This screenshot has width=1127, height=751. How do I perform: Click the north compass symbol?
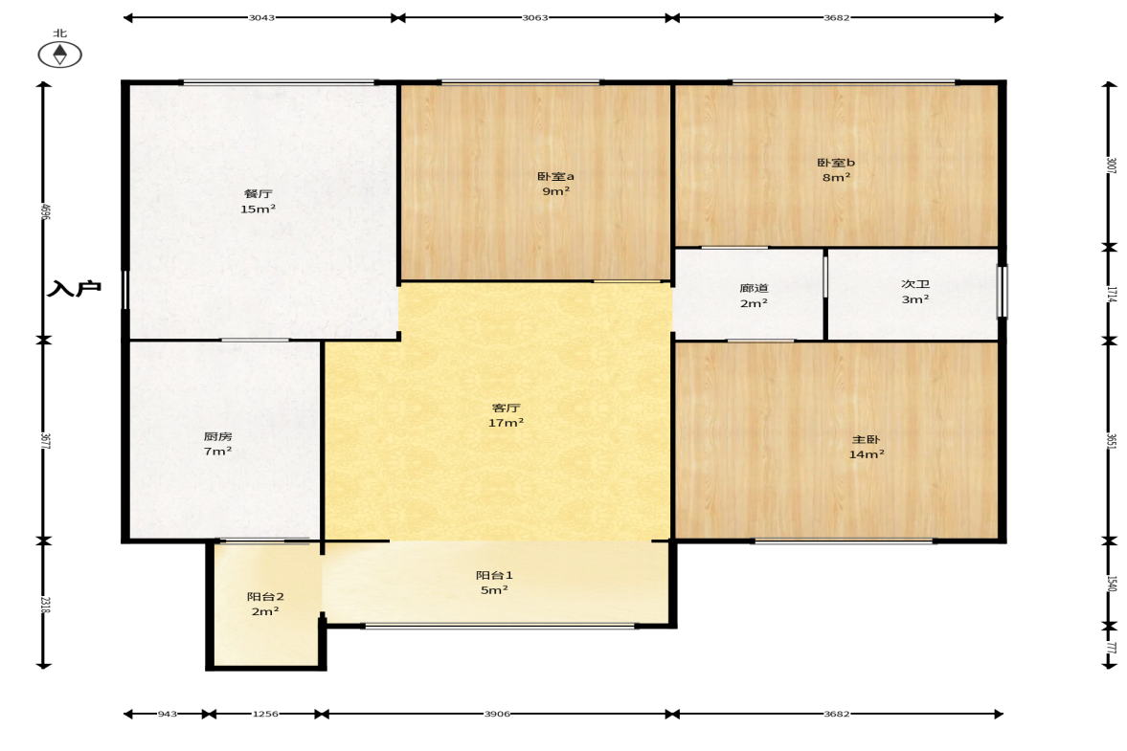click(x=59, y=55)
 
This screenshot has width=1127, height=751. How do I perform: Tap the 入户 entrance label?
click(x=74, y=289)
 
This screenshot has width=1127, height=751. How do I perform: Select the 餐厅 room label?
click(x=258, y=193)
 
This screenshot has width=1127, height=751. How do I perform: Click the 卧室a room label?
click(x=555, y=176)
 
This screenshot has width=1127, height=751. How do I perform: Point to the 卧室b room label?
click(x=836, y=163)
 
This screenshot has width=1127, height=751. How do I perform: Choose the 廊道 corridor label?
click(x=754, y=288)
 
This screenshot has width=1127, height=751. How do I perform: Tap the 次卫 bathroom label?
click(x=915, y=283)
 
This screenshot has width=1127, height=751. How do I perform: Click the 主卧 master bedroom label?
click(x=867, y=439)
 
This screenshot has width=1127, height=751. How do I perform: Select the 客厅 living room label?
click(x=506, y=408)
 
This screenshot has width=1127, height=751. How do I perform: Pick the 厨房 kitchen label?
click(x=217, y=436)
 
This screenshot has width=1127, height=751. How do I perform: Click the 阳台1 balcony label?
click(x=494, y=575)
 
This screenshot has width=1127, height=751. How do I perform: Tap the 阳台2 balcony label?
click(x=265, y=597)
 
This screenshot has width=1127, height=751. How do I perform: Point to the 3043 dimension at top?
click(x=261, y=17)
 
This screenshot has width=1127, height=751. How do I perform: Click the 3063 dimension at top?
click(x=534, y=17)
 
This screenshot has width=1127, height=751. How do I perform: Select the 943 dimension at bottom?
click(x=167, y=714)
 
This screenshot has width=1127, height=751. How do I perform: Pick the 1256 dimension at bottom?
click(x=265, y=714)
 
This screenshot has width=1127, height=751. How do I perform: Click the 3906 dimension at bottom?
click(x=497, y=714)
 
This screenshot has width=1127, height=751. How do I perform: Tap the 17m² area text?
click(x=506, y=423)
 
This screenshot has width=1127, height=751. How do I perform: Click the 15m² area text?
click(x=258, y=209)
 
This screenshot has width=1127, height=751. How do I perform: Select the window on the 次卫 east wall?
click(x=1002, y=292)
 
